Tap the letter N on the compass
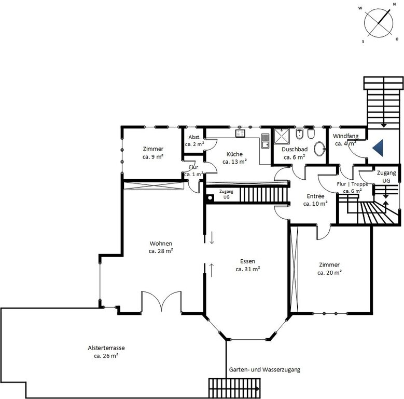(x=394, y=4)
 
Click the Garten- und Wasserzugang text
(x=264, y=369)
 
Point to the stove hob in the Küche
(x=240, y=133)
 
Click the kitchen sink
(x=265, y=141)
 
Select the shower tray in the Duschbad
(x=282, y=137)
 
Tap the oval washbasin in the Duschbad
(x=320, y=149)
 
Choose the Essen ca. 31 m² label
(x=247, y=265)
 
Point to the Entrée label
(x=315, y=196)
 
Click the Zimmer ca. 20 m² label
(x=329, y=269)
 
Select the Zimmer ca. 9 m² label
(x=153, y=153)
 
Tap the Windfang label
(x=345, y=136)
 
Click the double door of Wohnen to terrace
(x=161, y=301)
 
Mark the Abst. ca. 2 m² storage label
(x=194, y=141)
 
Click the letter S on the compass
(x=364, y=42)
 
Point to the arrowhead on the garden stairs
(x=257, y=389)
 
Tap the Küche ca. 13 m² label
(x=235, y=158)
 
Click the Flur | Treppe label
(x=352, y=184)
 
